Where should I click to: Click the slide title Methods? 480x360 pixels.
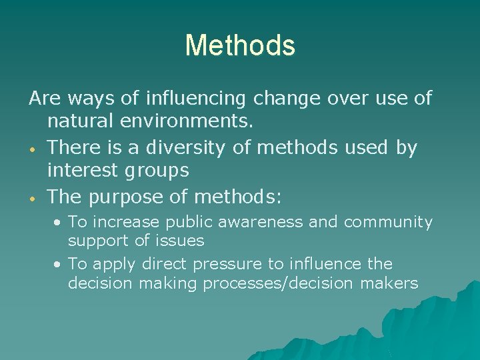pyautogui.click(x=240, y=45)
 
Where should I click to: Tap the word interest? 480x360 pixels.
pyautogui.click(x=83, y=171)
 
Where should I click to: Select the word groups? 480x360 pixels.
pyautogui.click(x=158, y=171)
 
